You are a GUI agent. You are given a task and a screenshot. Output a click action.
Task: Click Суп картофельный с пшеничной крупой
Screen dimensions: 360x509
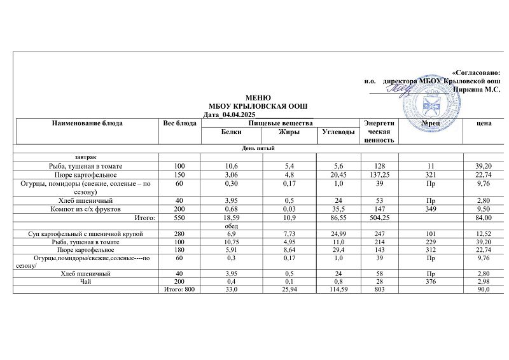(86, 234)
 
